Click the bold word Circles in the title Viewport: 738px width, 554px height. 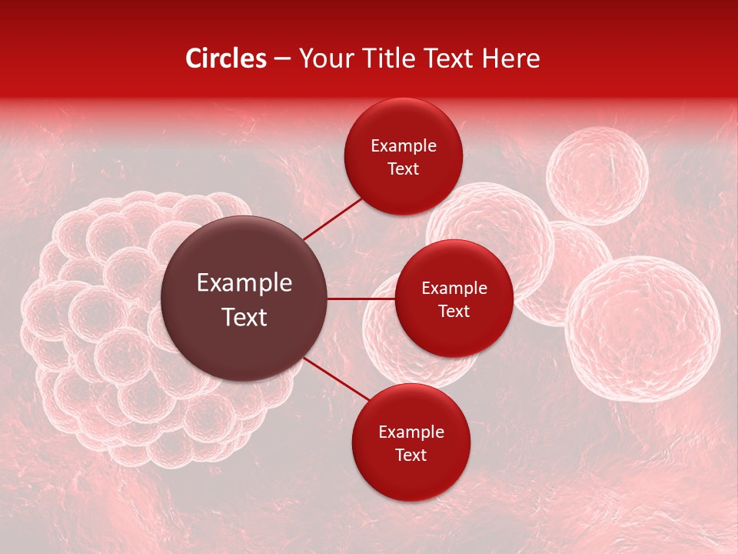tap(226, 58)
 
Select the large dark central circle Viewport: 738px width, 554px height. tap(244, 299)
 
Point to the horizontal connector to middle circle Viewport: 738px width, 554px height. tap(361, 299)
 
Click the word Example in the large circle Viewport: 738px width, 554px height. tap(244, 283)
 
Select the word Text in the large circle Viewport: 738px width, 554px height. tap(244, 317)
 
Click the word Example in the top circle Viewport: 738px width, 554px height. tap(404, 146)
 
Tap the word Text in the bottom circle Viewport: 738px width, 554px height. tap(411, 456)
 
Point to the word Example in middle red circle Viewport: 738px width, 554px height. tap(454, 289)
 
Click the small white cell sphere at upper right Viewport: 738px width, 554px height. tap(597, 175)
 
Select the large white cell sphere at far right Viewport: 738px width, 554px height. tap(643, 329)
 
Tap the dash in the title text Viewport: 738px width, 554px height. tap(282, 59)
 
